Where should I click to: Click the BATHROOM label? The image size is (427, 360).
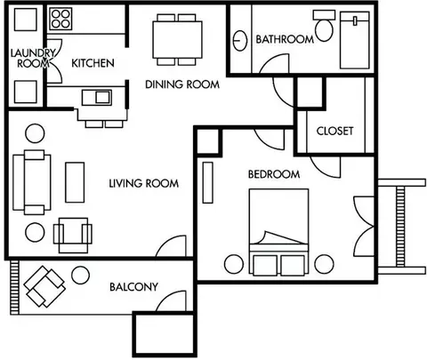[285, 39]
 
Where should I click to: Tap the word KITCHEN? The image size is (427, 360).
[93, 63]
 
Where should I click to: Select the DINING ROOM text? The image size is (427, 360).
[182, 84]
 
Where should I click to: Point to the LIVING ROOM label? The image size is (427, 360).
[144, 183]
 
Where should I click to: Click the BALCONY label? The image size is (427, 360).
[133, 287]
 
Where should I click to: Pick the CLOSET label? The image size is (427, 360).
[334, 131]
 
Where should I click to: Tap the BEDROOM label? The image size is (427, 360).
[274, 174]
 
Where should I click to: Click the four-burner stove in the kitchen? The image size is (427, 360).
[60, 19]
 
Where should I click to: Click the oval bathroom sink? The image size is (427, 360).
[240, 41]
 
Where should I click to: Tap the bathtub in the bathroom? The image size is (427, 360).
[355, 40]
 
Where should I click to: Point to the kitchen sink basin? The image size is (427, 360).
[103, 97]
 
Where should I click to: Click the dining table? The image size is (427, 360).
[177, 40]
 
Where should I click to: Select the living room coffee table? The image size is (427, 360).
[75, 182]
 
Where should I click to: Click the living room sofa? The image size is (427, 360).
[32, 182]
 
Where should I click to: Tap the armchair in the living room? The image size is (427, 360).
[73, 236]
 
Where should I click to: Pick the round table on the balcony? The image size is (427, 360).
[80, 275]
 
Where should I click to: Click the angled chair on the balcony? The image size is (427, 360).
[44, 286]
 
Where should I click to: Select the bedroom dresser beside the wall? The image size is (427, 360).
[208, 182]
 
